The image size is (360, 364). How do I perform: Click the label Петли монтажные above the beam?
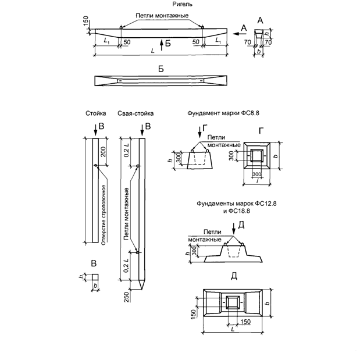[x=162, y=15]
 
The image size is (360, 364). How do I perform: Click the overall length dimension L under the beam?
[x=152, y=52]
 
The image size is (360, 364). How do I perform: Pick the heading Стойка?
[x=94, y=114]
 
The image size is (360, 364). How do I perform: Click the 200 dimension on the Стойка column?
[x=104, y=152]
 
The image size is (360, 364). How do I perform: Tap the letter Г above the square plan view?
[x=261, y=131]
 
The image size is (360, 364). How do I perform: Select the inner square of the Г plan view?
[x=256, y=155]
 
